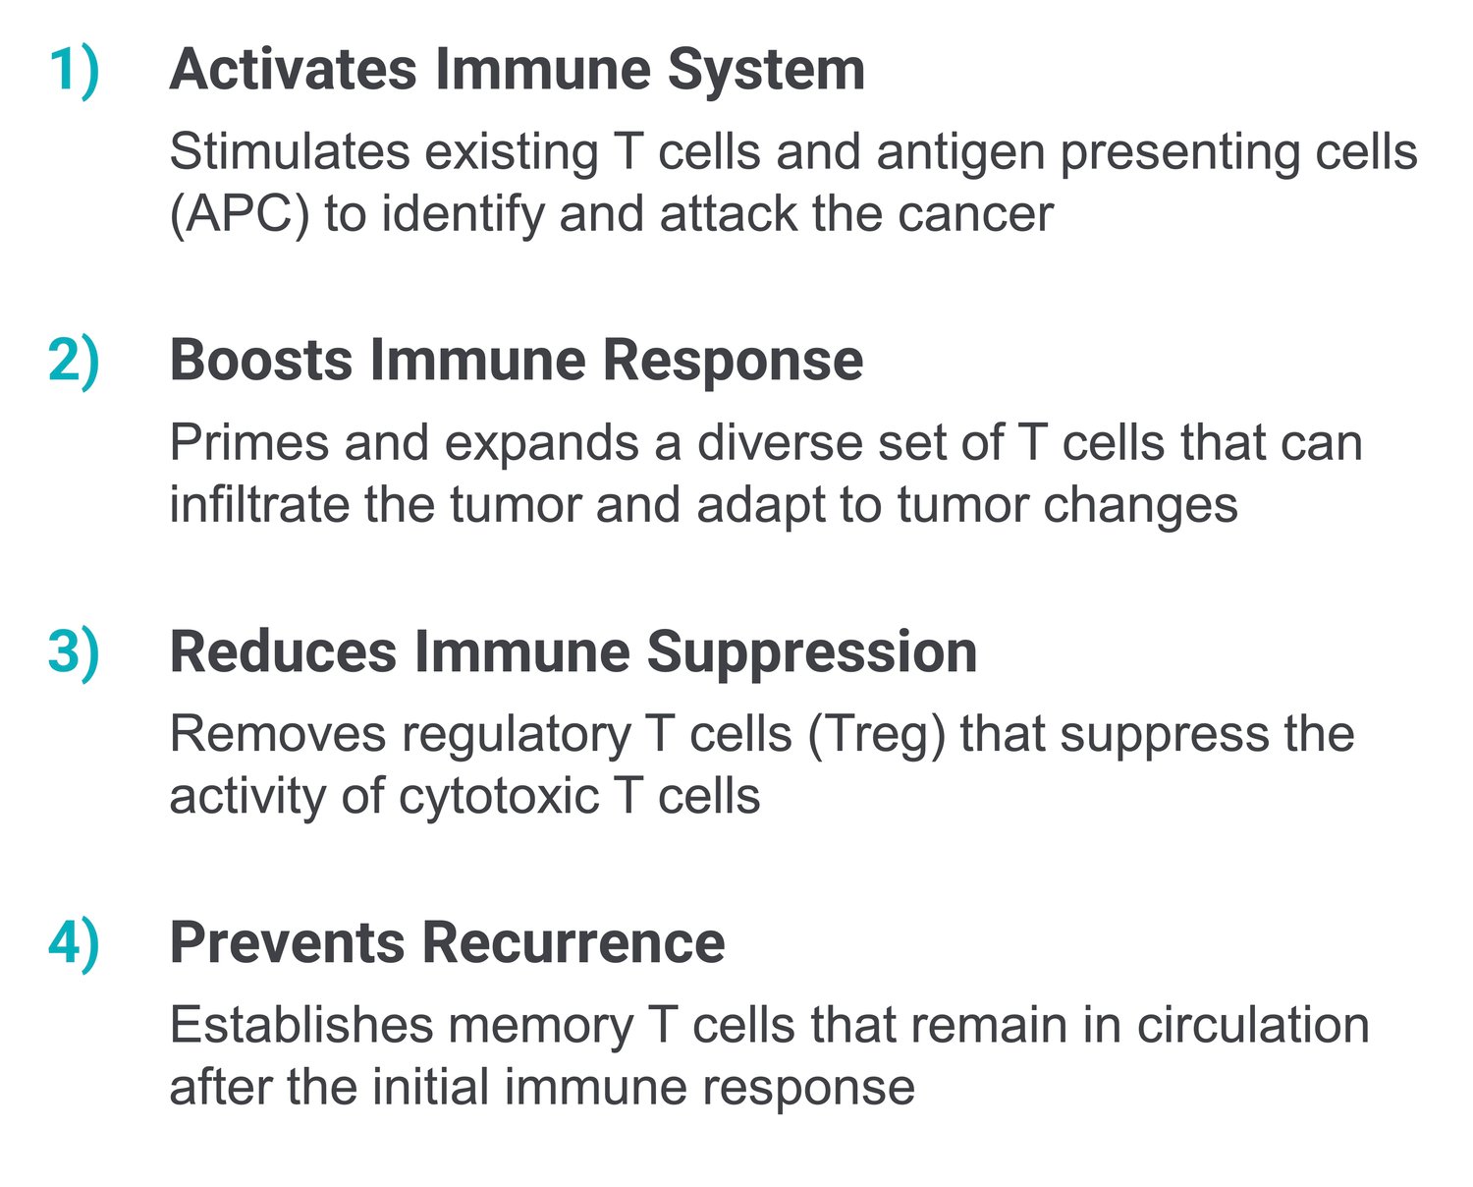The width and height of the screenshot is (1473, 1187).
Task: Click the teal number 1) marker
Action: [75, 73]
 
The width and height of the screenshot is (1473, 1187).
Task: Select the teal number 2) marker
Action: [75, 364]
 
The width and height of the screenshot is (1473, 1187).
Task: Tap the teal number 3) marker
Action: [75, 654]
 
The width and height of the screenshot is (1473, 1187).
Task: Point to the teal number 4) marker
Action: [75, 946]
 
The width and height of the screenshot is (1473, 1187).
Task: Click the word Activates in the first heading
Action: [294, 70]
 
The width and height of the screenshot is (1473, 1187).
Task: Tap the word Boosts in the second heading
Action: [261, 361]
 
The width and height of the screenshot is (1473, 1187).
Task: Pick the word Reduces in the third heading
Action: [284, 652]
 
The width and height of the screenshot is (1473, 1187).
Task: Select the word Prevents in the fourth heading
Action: [288, 943]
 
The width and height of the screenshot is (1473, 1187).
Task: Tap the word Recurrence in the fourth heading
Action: [573, 943]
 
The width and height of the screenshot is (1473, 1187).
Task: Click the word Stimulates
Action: [291, 152]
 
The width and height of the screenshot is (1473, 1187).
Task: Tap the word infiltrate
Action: [259, 505]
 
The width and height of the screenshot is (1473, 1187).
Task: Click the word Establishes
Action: [301, 1026]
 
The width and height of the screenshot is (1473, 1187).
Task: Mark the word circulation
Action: [1253, 1026]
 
